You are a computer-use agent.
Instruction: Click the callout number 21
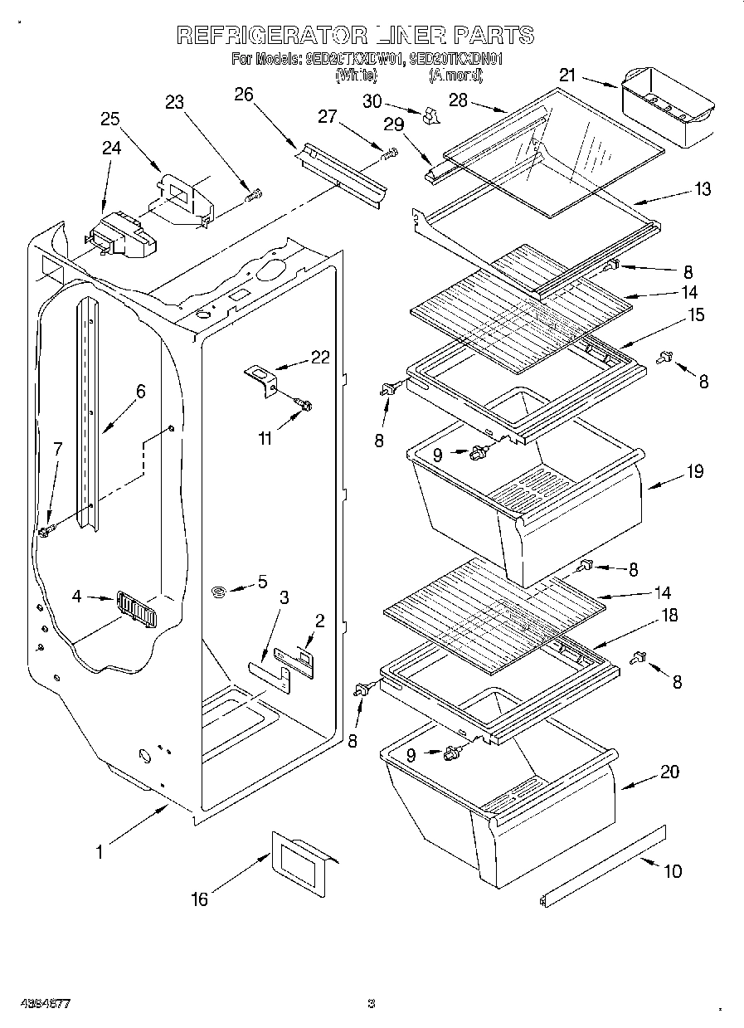click(x=567, y=76)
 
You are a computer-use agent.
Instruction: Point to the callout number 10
click(x=672, y=871)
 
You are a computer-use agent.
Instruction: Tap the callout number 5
click(x=262, y=581)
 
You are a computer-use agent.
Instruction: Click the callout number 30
click(x=372, y=101)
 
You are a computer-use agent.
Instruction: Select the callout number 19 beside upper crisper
click(x=694, y=471)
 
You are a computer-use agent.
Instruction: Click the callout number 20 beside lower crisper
click(x=669, y=772)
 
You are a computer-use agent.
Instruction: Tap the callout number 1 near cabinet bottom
click(x=100, y=850)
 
